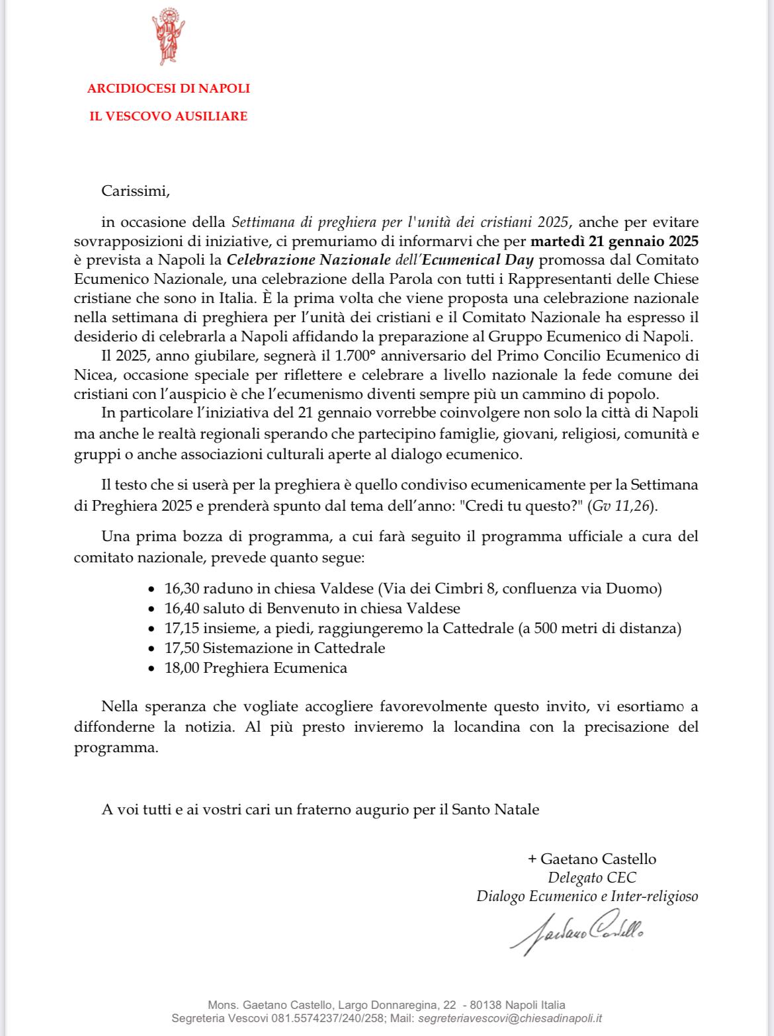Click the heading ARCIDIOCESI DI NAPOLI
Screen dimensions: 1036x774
click(169, 88)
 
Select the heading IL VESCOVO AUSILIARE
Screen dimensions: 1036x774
click(169, 116)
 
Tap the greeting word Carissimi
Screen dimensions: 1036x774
click(136, 192)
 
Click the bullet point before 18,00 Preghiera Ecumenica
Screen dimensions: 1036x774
click(151, 668)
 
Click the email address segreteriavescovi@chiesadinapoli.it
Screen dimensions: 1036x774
click(510, 1019)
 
